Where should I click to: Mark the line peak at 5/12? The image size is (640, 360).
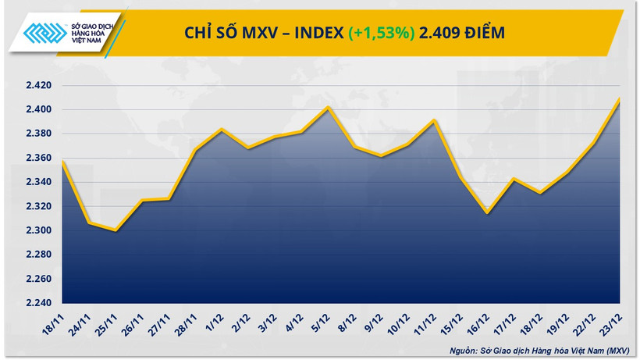[329, 107]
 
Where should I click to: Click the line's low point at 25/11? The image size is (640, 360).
[116, 230]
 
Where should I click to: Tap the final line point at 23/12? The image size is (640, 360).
[620, 98]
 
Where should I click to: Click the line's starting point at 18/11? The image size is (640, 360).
[62, 161]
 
